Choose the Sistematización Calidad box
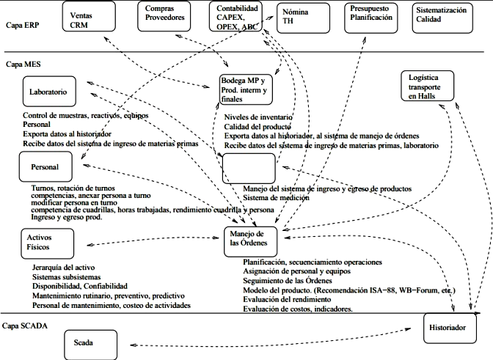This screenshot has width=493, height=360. [445, 17]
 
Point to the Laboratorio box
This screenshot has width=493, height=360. [48, 93]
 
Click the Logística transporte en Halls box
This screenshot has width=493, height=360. [428, 87]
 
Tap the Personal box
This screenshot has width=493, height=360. [45, 166]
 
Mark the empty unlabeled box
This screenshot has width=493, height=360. [249, 168]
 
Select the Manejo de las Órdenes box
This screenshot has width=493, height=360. [249, 238]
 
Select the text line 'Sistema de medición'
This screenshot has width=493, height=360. [277, 197]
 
